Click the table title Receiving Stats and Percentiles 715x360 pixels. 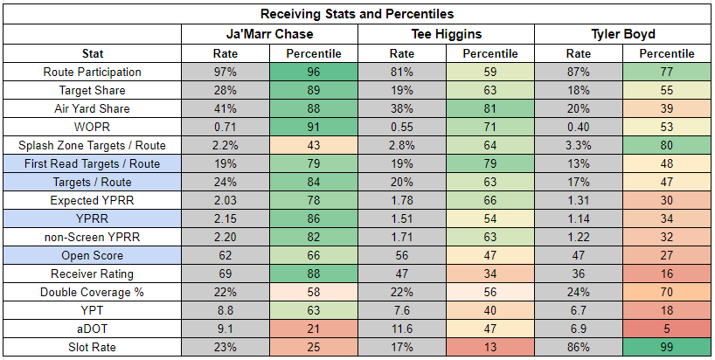(357, 14)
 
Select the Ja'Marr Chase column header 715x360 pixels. (269, 34)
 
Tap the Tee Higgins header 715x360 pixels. (446, 34)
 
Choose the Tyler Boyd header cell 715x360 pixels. (623, 34)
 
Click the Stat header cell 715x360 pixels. (93, 54)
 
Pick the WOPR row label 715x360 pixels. (92, 128)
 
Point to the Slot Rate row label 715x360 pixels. (92, 347)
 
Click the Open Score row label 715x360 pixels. (92, 256)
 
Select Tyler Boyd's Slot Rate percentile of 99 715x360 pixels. (667, 347)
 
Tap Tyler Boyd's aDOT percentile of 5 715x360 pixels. (667, 329)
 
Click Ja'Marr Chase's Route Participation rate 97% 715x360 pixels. (226, 72)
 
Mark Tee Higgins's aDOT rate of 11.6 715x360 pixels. (402, 329)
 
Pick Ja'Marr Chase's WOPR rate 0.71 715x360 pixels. (226, 128)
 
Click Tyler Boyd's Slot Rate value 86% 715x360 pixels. (578, 347)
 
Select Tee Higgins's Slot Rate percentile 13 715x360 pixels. (490, 347)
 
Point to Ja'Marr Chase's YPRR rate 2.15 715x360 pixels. (226, 218)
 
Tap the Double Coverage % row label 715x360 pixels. (92, 292)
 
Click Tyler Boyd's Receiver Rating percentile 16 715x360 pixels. (667, 273)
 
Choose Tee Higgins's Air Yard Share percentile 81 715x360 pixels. (490, 109)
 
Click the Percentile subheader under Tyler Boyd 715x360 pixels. (667, 54)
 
